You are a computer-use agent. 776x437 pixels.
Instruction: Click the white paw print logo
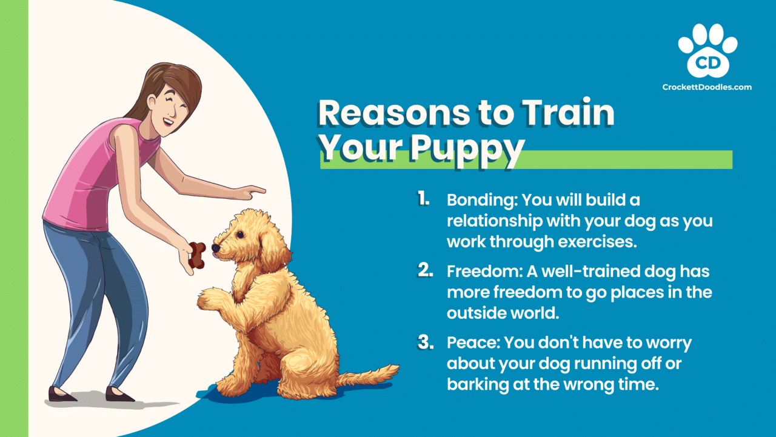tap(707, 51)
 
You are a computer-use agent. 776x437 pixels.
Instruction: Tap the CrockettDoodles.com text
tap(707, 87)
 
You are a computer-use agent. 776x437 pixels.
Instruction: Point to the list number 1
tap(423, 199)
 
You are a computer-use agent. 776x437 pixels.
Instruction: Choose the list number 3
tap(425, 342)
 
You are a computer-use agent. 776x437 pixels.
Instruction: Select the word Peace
tap(470, 342)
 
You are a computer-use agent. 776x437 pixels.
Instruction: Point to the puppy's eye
tap(241, 234)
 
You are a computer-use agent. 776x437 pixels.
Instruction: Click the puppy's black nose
tap(215, 248)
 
